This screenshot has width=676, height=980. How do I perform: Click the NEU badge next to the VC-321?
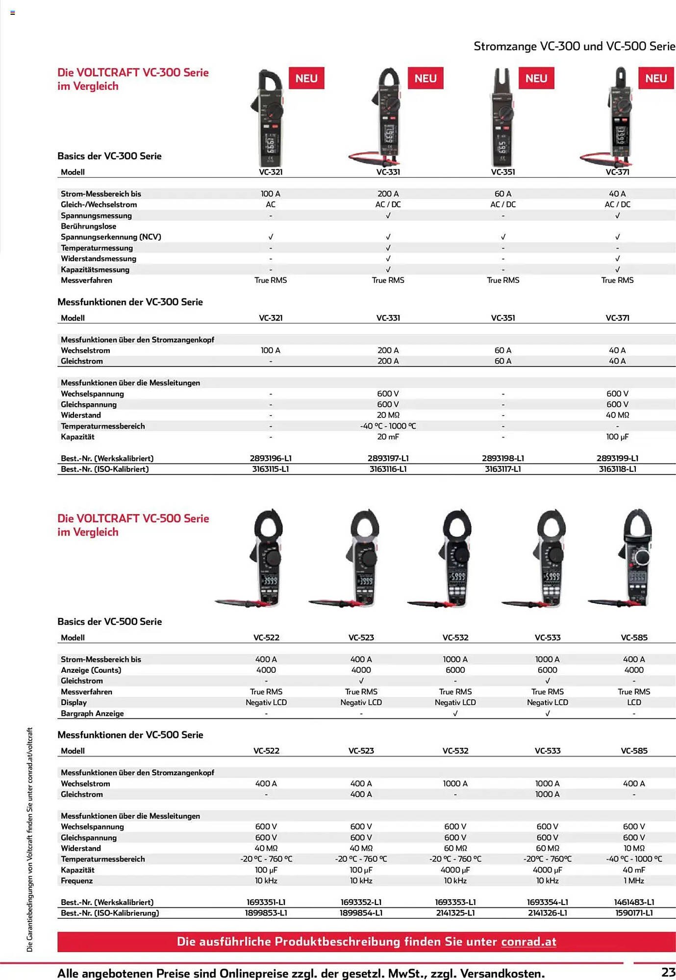point(306,78)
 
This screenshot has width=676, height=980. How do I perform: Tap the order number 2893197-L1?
point(388,458)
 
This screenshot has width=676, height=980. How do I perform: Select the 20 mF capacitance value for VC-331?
point(388,437)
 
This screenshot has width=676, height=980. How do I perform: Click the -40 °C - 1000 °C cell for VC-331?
point(388,426)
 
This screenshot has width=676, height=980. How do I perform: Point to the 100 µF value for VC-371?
point(617,437)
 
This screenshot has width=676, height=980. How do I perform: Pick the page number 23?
point(668,972)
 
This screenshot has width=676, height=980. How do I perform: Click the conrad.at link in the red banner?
point(528,941)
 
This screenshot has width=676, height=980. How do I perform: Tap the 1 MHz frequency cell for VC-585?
point(634,881)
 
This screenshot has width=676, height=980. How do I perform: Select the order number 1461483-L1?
point(634,902)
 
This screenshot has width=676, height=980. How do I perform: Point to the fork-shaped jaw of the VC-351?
point(503,81)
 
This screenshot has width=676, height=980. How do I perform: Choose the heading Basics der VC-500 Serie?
point(109,621)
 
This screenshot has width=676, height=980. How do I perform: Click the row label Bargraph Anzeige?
point(92,713)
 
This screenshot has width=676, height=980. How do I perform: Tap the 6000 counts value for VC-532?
point(455,670)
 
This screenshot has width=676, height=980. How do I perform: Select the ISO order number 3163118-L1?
point(617,469)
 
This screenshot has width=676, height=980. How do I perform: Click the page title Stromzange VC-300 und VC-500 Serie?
point(574,46)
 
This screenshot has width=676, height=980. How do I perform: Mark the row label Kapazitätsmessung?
point(95,269)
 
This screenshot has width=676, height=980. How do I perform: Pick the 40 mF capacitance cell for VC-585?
point(634,870)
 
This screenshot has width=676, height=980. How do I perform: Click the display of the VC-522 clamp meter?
point(269,581)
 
